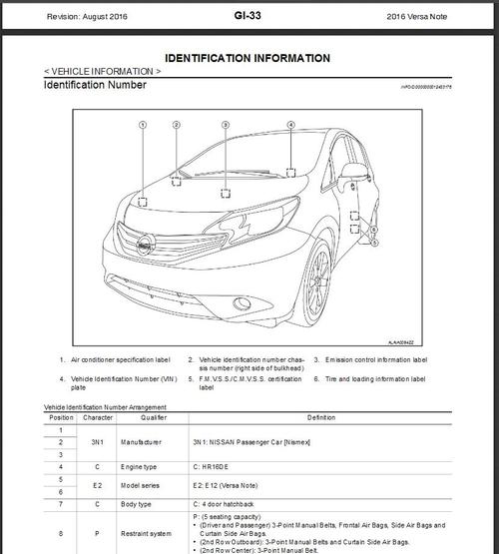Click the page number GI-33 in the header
pyautogui.click(x=249, y=16)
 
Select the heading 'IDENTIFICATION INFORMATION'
pyautogui.click(x=248, y=59)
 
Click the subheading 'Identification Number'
pyautogui.click(x=95, y=86)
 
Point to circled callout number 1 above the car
pyautogui.click(x=143, y=126)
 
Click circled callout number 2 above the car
pyautogui.click(x=176, y=126)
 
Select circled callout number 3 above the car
pyautogui.click(x=225, y=126)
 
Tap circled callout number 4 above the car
pyautogui.click(x=291, y=126)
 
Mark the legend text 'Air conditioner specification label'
pyautogui.click(x=121, y=359)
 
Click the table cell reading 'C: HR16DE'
pyautogui.click(x=214, y=466)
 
